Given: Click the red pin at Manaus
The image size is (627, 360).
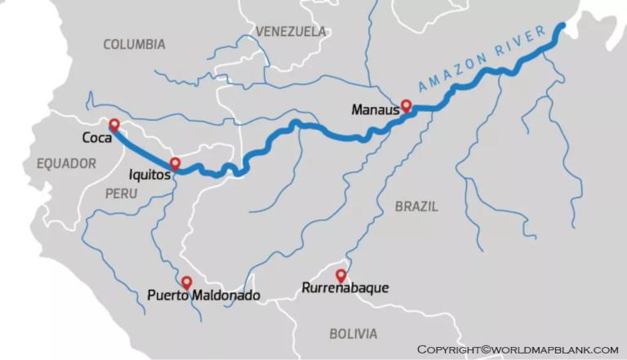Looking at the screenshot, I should (x=406, y=106).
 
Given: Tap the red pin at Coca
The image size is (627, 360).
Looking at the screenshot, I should (x=114, y=125).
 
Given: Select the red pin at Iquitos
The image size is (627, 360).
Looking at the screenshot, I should (x=175, y=163).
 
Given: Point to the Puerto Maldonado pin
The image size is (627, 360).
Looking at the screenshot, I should (x=187, y=282).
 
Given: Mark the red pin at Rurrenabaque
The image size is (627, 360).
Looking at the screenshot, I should (x=341, y=276).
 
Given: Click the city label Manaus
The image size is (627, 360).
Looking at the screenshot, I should (x=374, y=109).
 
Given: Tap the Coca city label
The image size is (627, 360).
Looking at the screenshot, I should (x=96, y=138).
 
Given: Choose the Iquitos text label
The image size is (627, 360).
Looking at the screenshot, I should (x=149, y=174).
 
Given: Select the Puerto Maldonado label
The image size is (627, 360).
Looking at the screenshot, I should (x=204, y=295).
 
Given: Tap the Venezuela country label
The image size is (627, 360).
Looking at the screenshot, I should (x=291, y=32).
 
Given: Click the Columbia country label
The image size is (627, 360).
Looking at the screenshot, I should (x=134, y=44).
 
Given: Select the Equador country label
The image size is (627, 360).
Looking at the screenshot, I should (x=66, y=163).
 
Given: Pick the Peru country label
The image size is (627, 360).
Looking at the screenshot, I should (x=121, y=193).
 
